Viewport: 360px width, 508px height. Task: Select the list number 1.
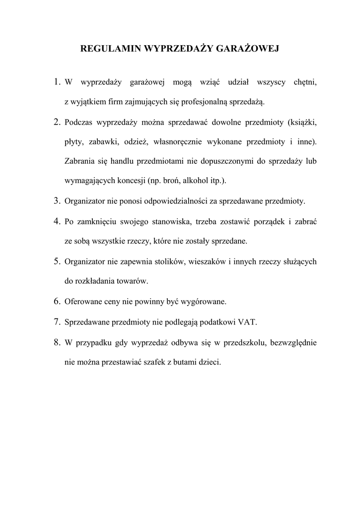pyautogui.click(x=57, y=81)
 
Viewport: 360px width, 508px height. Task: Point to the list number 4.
pyautogui.click(x=57, y=221)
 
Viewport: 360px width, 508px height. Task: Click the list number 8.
pyautogui.click(x=57, y=342)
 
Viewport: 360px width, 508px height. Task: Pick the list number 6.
pyautogui.click(x=57, y=301)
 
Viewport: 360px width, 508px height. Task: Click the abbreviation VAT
pyautogui.click(x=248, y=321)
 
